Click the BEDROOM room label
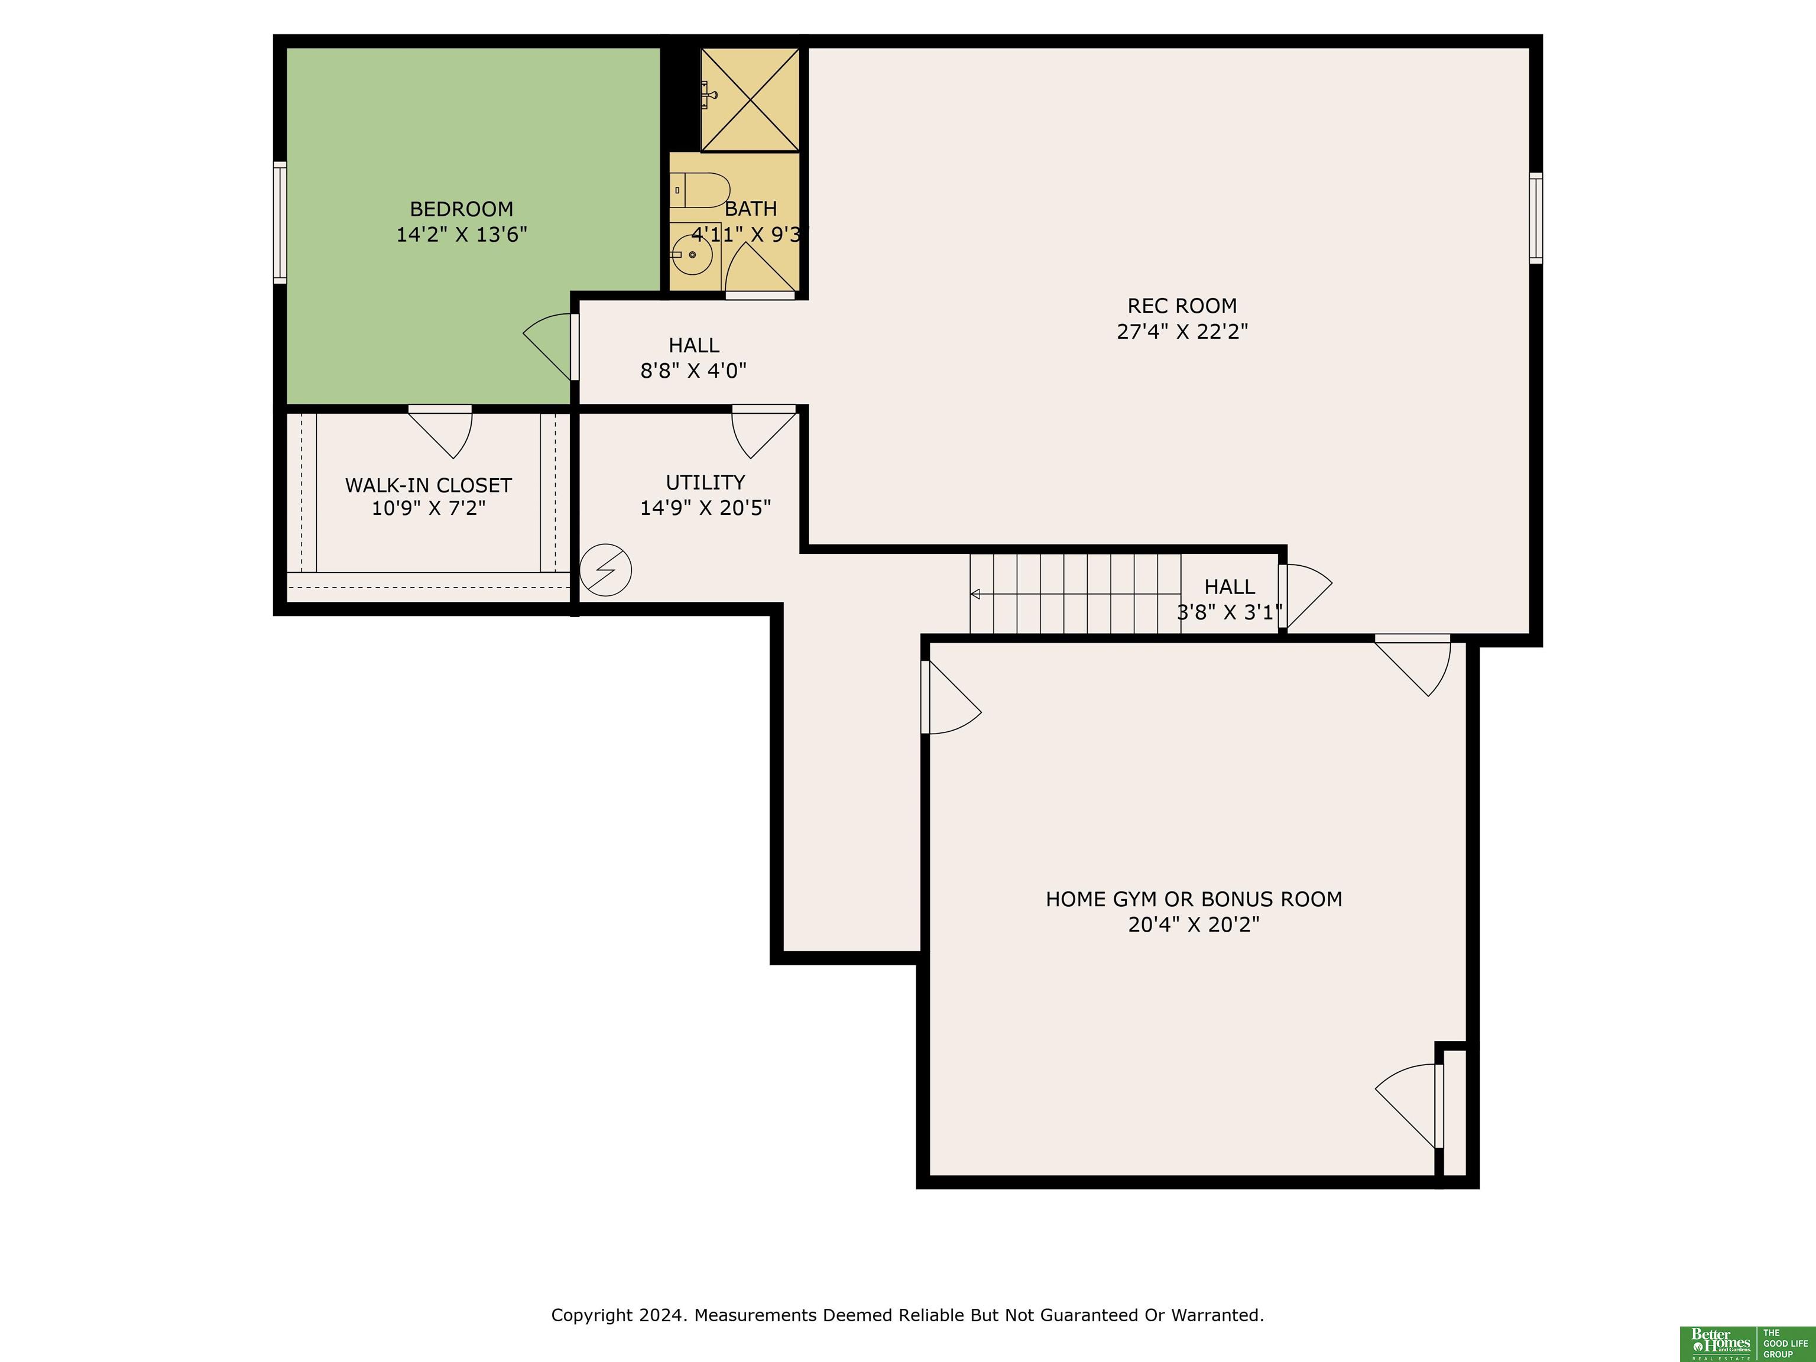click(461, 209)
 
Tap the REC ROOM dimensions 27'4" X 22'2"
click(1182, 332)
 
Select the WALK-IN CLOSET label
click(428, 485)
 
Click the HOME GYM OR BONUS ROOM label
click(1194, 899)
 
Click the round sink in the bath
click(693, 255)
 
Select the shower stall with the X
click(750, 99)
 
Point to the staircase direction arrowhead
click(975, 594)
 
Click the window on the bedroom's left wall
click(280, 222)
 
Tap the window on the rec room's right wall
click(1535, 218)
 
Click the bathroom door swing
click(760, 268)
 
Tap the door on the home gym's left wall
click(952, 698)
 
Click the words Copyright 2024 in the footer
click(618, 1315)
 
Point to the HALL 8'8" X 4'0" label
click(694, 358)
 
